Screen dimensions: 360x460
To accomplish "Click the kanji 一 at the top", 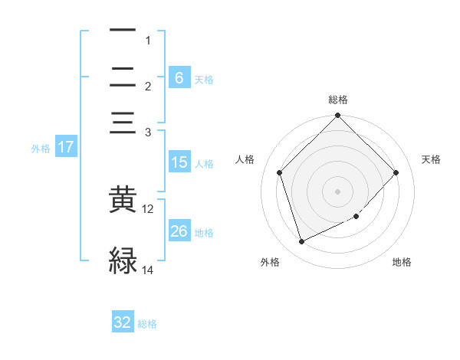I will [123, 31].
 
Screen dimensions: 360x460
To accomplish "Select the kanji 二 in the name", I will [123, 77].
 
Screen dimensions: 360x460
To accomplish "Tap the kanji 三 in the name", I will [123, 123].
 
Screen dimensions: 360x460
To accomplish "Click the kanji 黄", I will [123, 200].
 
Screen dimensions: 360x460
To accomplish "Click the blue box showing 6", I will [179, 77].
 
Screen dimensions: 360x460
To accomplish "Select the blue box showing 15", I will [179, 162].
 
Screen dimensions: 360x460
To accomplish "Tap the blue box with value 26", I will [179, 231].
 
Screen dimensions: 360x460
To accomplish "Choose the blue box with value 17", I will [66, 147].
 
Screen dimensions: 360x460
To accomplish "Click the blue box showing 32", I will [123, 322].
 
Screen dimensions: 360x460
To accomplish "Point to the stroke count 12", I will [148, 208].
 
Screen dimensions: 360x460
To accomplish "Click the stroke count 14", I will [148, 270].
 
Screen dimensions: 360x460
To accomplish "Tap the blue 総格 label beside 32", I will [147, 324].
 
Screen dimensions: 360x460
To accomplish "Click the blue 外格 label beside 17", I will [41, 149].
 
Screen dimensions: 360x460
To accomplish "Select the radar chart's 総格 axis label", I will [337, 100].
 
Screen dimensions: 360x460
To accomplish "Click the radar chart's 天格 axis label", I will [431, 159].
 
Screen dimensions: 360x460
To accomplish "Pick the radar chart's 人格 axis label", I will [245, 159].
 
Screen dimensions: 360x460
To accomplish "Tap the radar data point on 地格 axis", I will [356, 217].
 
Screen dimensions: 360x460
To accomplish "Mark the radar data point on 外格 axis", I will [301, 242].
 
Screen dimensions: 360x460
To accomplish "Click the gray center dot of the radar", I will [337, 191].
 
